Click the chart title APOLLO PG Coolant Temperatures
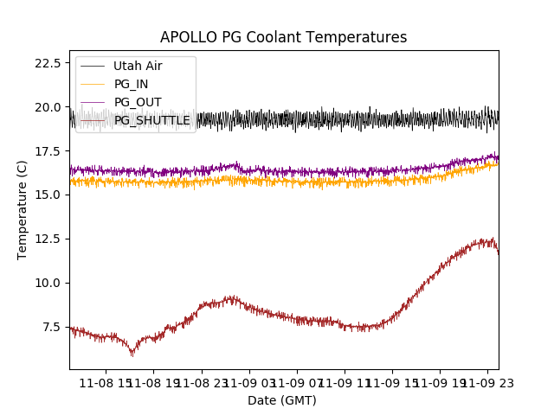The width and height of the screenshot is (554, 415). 283,37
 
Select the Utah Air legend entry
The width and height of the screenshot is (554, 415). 138,66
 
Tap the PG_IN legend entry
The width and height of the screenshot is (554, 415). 132,84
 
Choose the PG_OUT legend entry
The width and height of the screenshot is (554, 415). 138,102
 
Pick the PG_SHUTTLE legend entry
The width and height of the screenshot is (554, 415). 152,120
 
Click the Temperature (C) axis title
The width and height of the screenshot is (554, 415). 23,210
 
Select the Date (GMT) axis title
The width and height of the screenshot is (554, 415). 282,400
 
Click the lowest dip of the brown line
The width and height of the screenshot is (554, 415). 132,354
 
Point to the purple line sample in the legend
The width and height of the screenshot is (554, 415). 93,102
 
